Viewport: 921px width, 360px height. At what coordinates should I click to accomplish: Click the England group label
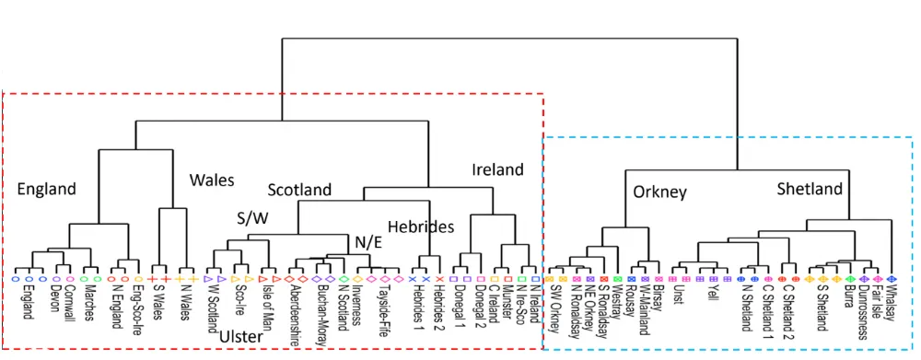tap(46, 189)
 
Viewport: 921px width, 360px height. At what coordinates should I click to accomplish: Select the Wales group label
tap(212, 180)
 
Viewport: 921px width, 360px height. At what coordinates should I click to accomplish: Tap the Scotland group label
tap(299, 190)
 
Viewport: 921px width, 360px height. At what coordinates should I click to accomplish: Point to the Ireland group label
tap(497, 169)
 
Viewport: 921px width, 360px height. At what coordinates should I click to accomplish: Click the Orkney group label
tap(659, 192)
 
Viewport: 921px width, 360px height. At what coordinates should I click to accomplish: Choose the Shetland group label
tap(810, 189)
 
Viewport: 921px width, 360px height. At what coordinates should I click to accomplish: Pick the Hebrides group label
tap(421, 226)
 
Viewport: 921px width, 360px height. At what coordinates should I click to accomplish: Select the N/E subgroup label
tap(370, 241)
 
